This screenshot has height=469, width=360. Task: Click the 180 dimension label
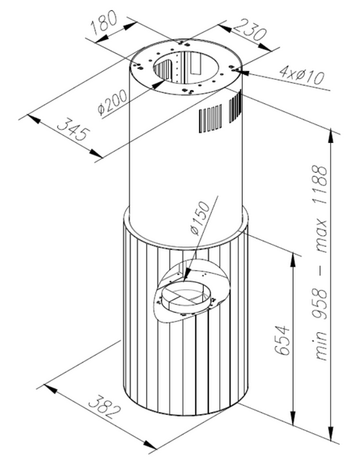point(105,23)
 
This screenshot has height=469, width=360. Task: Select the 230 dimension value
point(249,30)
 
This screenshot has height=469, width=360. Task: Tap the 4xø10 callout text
point(301,75)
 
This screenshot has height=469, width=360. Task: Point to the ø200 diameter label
point(112,102)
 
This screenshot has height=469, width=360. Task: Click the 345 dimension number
point(73,130)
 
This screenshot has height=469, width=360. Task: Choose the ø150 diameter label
point(200,218)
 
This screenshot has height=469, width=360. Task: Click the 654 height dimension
point(283,340)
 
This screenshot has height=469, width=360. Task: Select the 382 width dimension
point(105,406)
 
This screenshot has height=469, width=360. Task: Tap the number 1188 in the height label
point(321,185)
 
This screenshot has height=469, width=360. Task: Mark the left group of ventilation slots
point(211,119)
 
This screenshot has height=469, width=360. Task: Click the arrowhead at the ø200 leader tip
point(159,83)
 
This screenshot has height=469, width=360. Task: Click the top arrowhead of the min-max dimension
point(331,137)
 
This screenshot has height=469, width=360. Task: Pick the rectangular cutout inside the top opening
point(196,64)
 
